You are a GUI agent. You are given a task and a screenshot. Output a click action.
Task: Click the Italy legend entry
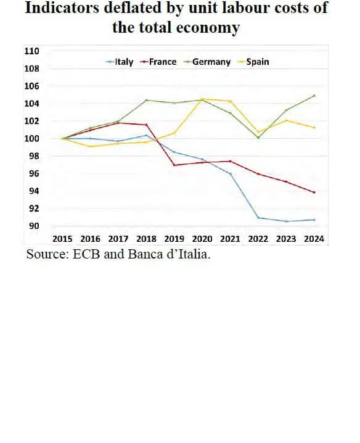(124, 62)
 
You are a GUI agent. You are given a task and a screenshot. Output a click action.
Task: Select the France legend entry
(162, 62)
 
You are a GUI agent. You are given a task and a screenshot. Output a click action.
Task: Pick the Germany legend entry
(211, 62)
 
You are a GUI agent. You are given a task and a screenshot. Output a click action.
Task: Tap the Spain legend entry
(257, 62)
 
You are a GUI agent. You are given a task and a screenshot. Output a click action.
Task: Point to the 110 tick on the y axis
(31, 51)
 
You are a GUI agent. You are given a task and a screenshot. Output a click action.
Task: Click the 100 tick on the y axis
(31, 138)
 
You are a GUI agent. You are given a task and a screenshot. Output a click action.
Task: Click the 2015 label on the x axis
(63, 239)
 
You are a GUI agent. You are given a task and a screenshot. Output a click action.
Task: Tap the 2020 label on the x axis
(202, 239)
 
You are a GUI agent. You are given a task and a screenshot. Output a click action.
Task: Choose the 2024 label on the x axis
(314, 239)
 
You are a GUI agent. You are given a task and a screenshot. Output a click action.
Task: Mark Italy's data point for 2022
(258, 218)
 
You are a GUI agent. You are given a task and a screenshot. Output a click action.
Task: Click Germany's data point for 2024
(314, 96)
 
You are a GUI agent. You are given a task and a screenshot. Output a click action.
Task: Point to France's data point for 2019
(174, 165)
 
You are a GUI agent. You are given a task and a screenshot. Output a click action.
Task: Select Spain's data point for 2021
(231, 101)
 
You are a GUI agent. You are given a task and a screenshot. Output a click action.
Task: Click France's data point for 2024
(314, 193)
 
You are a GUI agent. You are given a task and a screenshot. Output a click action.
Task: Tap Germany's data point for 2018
(146, 100)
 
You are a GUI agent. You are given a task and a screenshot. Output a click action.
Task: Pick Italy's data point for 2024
(314, 220)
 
